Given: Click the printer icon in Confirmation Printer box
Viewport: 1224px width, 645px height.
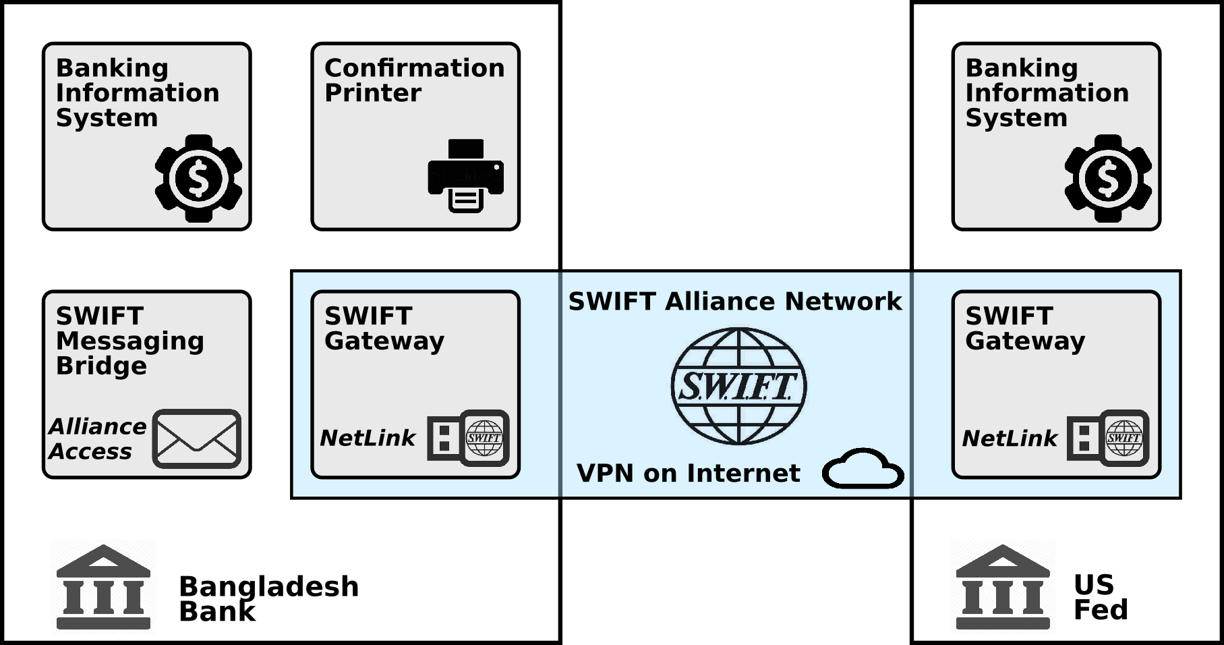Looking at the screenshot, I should click(466, 176).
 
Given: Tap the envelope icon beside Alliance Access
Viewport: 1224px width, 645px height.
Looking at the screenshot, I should click(197, 439).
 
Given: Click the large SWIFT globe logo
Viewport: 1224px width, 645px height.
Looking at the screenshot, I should click(738, 386).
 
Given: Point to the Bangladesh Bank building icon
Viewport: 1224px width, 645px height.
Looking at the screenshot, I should click(103, 587).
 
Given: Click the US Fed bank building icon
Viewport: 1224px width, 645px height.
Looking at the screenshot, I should click(1003, 587).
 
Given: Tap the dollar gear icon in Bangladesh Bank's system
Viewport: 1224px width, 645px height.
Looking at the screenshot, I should click(198, 178).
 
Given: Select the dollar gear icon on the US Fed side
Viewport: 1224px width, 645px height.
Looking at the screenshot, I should click(1108, 178).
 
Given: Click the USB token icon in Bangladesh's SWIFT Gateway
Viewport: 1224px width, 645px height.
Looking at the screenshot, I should click(469, 438).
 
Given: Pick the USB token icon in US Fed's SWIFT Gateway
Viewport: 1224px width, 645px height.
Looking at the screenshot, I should click(1108, 438).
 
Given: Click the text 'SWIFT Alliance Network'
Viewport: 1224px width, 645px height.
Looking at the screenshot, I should click(735, 301).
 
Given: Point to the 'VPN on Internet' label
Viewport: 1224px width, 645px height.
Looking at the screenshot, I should click(688, 473).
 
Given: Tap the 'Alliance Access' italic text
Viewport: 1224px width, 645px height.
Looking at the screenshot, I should click(97, 439).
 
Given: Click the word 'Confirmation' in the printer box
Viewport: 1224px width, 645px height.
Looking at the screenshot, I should click(414, 67).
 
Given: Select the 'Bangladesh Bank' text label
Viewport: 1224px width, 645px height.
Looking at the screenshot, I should click(268, 598).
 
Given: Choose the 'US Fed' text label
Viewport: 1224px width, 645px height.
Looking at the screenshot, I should click(1100, 597).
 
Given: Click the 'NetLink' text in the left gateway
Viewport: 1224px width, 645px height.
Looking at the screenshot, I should click(368, 438).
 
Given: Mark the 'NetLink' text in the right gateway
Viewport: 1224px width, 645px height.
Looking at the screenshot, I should click(1010, 438).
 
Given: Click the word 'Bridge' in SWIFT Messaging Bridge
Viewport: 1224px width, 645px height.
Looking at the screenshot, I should click(101, 366).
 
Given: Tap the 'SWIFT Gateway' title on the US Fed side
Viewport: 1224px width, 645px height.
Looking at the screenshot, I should click(1025, 328).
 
